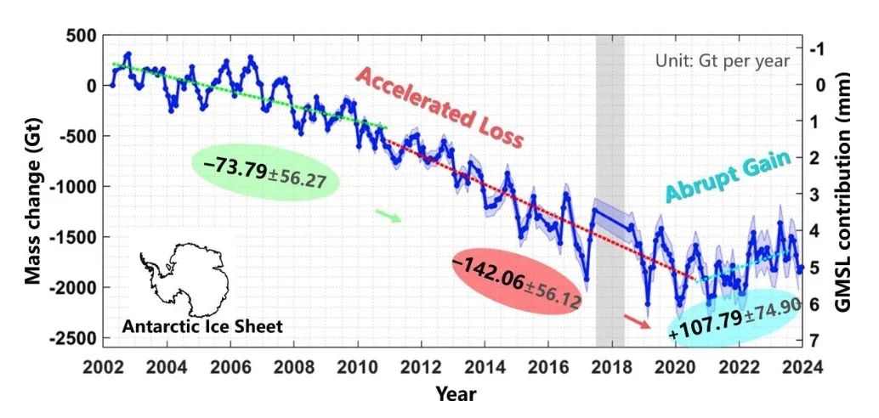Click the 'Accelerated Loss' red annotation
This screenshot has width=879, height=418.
pyautogui.click(x=439, y=107)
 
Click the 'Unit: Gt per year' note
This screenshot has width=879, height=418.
pyautogui.click(x=722, y=61)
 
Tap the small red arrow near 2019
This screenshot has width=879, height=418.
pyautogui.click(x=636, y=320)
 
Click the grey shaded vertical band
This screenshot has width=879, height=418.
pyautogui.click(x=610, y=127)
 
